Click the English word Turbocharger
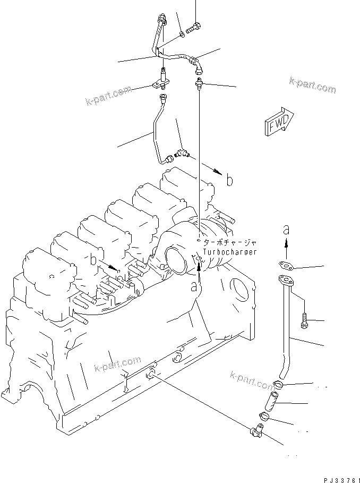click(230, 252)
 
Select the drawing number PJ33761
click(338, 477)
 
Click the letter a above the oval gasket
click(286, 230)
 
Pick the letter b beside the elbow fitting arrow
click(229, 180)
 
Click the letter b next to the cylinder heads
click(93, 260)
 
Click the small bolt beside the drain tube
click(305, 320)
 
